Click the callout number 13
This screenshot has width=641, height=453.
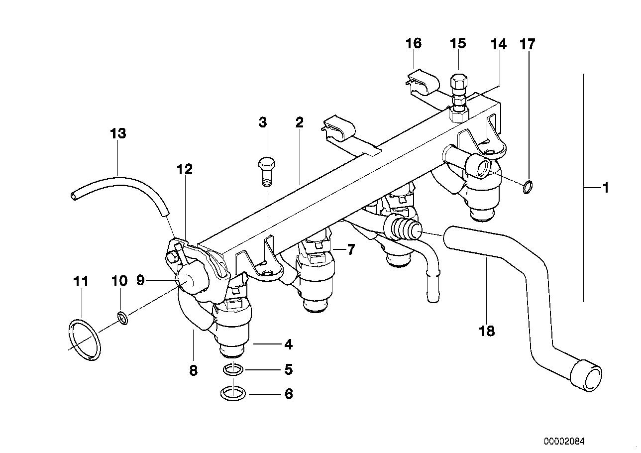[118, 133]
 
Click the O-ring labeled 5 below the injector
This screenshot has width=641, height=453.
[232, 370]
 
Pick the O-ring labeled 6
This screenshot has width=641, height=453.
[232, 394]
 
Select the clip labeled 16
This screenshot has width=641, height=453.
[422, 79]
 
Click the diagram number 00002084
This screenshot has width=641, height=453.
[564, 441]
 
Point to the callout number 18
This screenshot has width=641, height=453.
[487, 331]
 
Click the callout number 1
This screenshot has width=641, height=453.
[605, 188]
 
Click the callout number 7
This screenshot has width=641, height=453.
[351, 249]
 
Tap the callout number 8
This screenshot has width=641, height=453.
[193, 370]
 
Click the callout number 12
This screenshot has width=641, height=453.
[184, 169]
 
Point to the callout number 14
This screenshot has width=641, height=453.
[498, 45]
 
